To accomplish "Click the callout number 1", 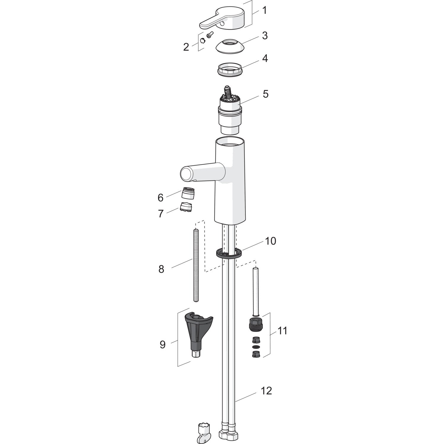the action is tap(264, 11).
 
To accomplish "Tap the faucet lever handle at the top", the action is tap(224, 19).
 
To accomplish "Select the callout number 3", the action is tap(265, 36).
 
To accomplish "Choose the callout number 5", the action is tap(266, 94).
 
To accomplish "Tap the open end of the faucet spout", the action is tap(186, 174).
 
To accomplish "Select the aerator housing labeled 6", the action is tap(186, 193).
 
